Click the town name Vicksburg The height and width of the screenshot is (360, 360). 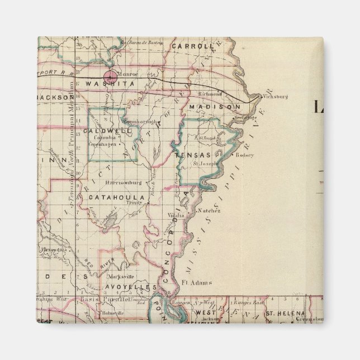pos(275,96)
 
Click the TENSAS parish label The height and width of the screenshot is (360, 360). pos(192,155)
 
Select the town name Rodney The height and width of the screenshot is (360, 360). pos(244,155)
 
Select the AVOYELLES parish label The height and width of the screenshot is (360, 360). pos(130,287)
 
